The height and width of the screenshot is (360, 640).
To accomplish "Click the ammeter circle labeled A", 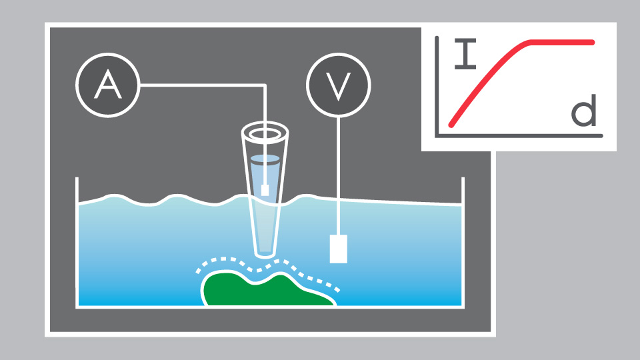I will click(108, 85).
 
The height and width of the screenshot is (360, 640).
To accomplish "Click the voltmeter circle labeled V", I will click(339, 85).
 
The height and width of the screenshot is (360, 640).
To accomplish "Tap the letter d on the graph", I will click(584, 113).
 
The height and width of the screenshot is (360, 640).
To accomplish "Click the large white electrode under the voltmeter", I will click(339, 249).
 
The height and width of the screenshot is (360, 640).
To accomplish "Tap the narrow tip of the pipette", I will click(265, 252).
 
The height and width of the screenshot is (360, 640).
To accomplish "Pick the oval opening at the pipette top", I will click(265, 133).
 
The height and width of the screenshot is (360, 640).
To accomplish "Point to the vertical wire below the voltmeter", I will click(339, 173).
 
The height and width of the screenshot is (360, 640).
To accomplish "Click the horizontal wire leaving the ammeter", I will click(200, 85).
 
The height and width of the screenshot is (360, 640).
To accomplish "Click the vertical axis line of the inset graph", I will click(436, 87).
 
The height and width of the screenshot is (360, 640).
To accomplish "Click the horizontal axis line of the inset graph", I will click(520, 136).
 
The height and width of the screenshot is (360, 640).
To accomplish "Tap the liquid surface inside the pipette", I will click(265, 159).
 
